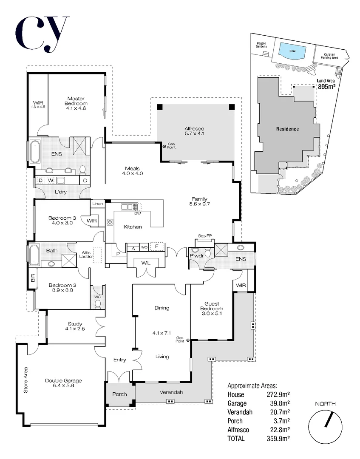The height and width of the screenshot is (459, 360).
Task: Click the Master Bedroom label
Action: pyautogui.click(x=76, y=101)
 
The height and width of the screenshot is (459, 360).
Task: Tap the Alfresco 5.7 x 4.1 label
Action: pyautogui.click(x=194, y=131)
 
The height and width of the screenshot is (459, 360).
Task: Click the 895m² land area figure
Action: pyautogui.click(x=327, y=87)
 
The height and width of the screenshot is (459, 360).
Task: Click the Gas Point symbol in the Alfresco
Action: pyautogui.click(x=164, y=147)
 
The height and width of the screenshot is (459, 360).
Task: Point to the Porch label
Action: pyautogui.click(x=119, y=394)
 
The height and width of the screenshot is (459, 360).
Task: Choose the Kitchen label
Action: pyautogui.click(x=133, y=227)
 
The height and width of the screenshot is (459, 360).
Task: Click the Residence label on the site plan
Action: pyautogui.click(x=287, y=129)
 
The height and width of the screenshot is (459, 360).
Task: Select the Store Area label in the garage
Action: pyautogui.click(x=26, y=380)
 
